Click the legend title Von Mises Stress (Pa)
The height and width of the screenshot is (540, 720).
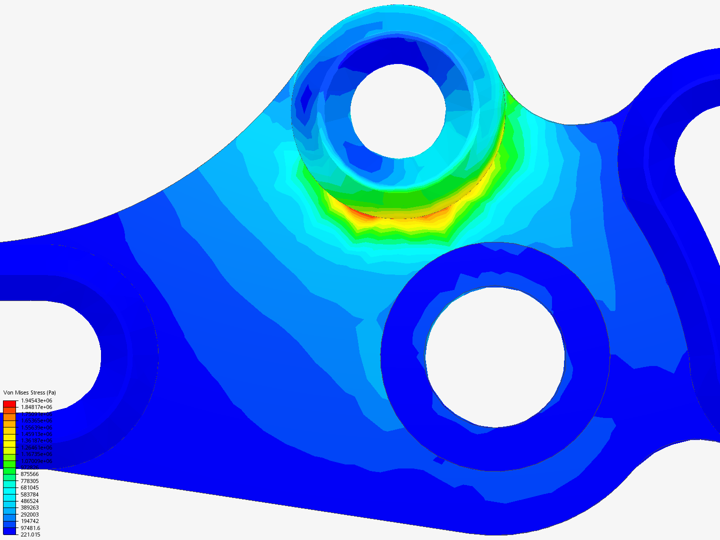point(29,392)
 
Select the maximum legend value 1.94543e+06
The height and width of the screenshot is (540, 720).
point(36,400)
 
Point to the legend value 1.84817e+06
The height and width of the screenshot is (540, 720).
point(36,407)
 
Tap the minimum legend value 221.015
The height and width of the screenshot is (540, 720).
point(30,534)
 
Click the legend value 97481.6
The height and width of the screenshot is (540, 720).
point(30,528)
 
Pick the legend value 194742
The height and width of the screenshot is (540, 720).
point(29,521)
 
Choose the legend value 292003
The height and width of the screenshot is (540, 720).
point(29,514)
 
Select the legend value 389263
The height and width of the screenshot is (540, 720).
point(29,507)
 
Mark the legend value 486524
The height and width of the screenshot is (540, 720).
point(29,501)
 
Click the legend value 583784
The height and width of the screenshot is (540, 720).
point(29,494)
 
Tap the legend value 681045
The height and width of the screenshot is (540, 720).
point(29,487)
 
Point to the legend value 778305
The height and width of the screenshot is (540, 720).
point(29,480)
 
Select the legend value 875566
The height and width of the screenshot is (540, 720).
point(29,474)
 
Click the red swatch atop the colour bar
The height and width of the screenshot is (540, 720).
point(9,403)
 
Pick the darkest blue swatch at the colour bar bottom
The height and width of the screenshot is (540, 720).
point(9,531)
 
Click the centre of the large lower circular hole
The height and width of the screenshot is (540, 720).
point(495,356)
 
